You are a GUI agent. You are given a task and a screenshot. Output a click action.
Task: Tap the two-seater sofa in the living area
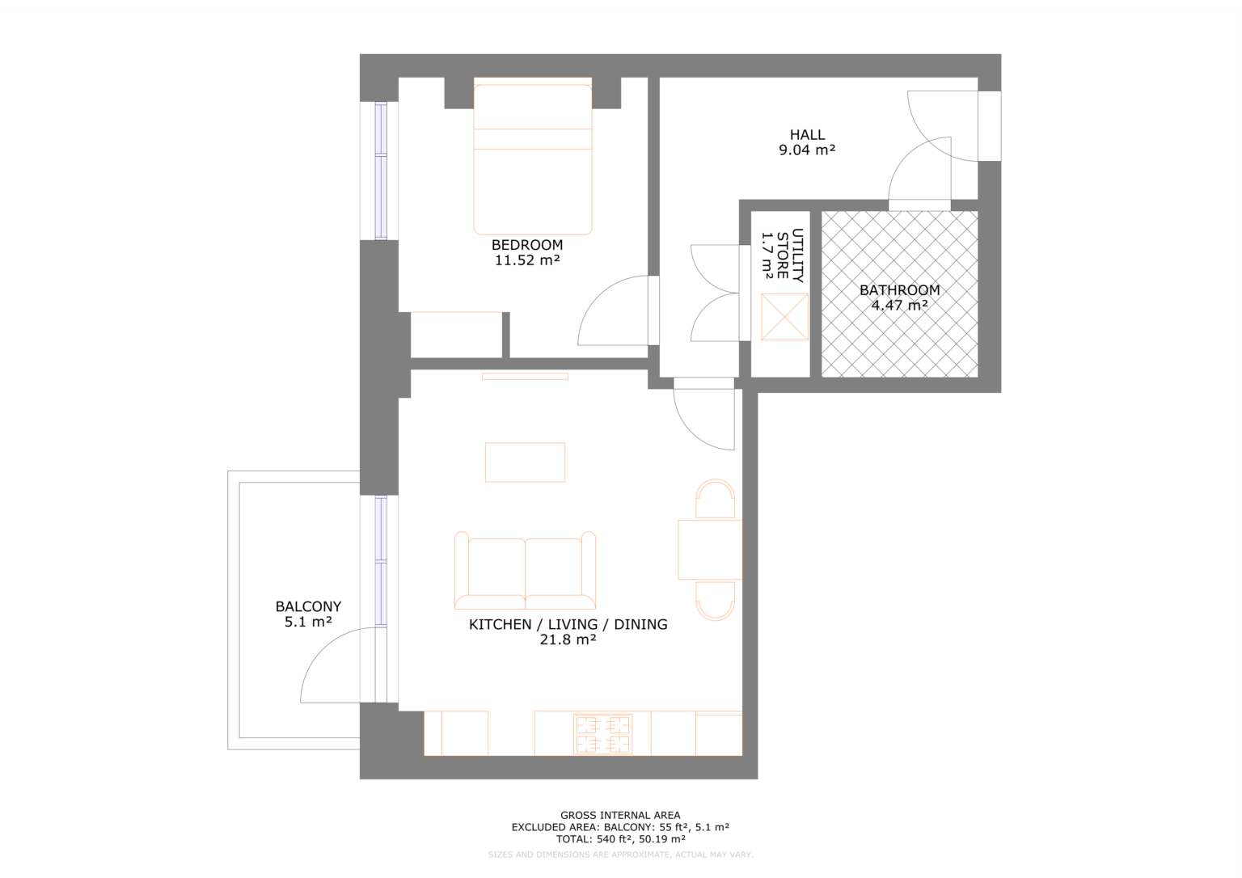(x=526, y=572)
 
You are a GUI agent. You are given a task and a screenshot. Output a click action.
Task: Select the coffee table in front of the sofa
(x=525, y=462)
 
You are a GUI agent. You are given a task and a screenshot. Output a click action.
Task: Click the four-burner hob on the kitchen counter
(x=602, y=734)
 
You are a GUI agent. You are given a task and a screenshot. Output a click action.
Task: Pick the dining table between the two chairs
(x=709, y=550)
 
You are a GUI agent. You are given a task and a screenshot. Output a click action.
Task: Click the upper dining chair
(x=716, y=499)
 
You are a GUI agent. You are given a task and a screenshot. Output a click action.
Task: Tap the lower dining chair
(x=716, y=601)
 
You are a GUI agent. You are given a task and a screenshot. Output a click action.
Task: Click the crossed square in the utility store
(x=784, y=317)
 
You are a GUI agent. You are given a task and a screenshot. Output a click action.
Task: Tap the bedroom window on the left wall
(x=381, y=171)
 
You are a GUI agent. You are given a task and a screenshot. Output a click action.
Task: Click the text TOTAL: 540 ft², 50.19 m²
(x=620, y=839)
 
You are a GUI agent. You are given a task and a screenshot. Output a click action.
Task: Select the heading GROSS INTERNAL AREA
(x=620, y=815)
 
